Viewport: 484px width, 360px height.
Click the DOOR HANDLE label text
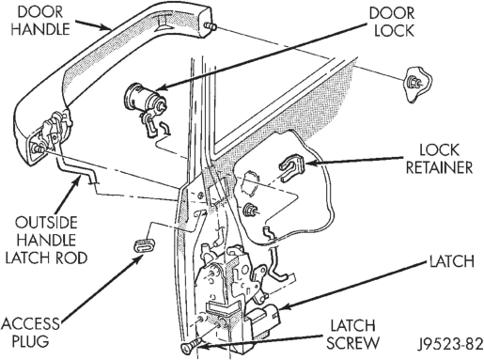click(x=40, y=21)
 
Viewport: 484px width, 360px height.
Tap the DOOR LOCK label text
click(x=392, y=23)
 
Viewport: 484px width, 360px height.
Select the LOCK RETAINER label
click(x=440, y=159)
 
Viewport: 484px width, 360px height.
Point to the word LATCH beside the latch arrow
click(x=452, y=261)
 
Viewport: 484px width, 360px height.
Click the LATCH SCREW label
click(x=352, y=335)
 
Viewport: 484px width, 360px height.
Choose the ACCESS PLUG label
click(x=31, y=332)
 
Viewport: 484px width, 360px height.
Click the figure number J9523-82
click(x=450, y=344)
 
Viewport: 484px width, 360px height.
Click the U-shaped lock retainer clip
click(x=291, y=167)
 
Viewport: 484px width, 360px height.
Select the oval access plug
click(x=145, y=244)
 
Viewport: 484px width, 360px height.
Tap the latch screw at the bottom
click(x=192, y=346)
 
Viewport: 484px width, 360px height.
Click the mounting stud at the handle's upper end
click(x=210, y=26)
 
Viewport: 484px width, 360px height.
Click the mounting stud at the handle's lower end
click(x=39, y=149)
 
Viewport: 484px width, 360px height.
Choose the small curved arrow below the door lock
click(x=165, y=129)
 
